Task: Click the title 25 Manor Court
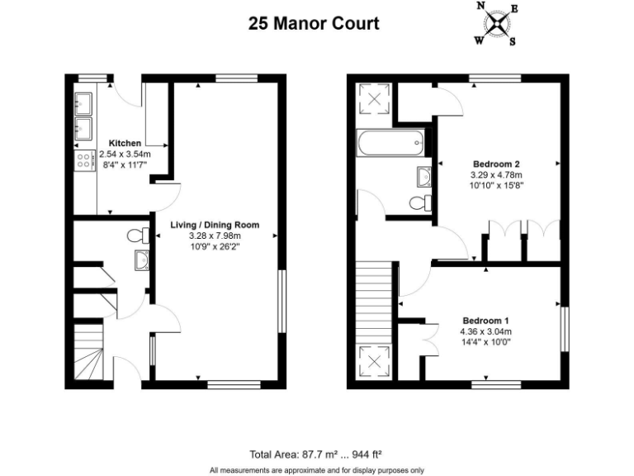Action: click(x=314, y=22)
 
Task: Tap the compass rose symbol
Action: click(x=496, y=23)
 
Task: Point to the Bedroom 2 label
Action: click(x=496, y=164)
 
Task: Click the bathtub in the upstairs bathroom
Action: click(x=391, y=145)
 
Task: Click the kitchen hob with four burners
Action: click(x=83, y=160)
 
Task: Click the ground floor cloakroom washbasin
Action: click(x=141, y=261)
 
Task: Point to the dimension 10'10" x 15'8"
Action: click(x=496, y=186)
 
